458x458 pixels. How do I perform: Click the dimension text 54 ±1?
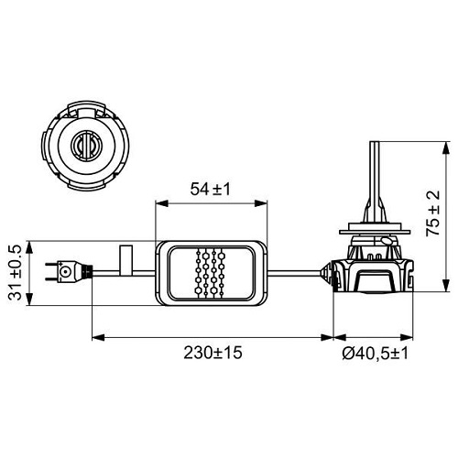coord(210,190)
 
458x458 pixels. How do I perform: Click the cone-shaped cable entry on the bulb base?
coord(324,271)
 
